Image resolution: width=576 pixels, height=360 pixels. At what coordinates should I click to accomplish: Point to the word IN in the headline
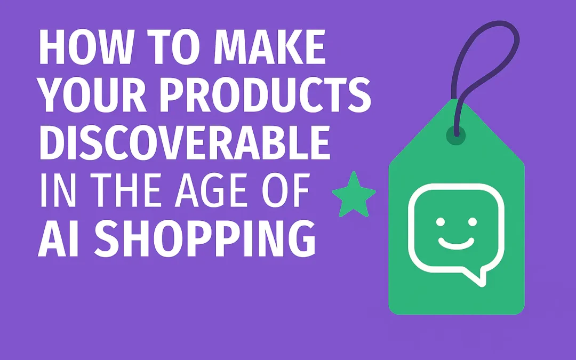(x=55, y=190)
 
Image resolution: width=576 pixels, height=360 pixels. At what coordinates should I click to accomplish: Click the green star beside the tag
(x=354, y=193)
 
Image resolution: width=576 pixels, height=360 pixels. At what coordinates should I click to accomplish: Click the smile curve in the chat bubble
(x=456, y=242)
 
